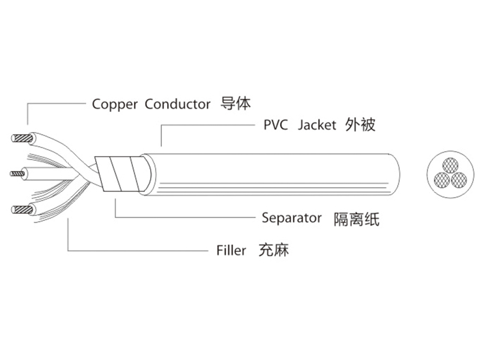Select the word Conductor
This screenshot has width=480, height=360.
pos(177,104)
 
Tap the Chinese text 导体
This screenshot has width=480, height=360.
pos(235,103)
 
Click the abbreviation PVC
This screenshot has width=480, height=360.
pos(276,125)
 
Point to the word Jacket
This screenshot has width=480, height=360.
pos(317,125)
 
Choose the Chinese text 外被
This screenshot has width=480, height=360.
pos(360,125)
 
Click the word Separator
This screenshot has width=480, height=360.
pos(291,218)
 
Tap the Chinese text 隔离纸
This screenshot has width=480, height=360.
pos(356,219)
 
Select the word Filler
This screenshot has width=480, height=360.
pos(231,250)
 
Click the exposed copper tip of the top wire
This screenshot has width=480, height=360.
pos(22,139)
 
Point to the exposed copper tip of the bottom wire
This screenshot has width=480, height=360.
pos(22,209)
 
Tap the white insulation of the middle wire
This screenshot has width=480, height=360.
pos(41,172)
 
